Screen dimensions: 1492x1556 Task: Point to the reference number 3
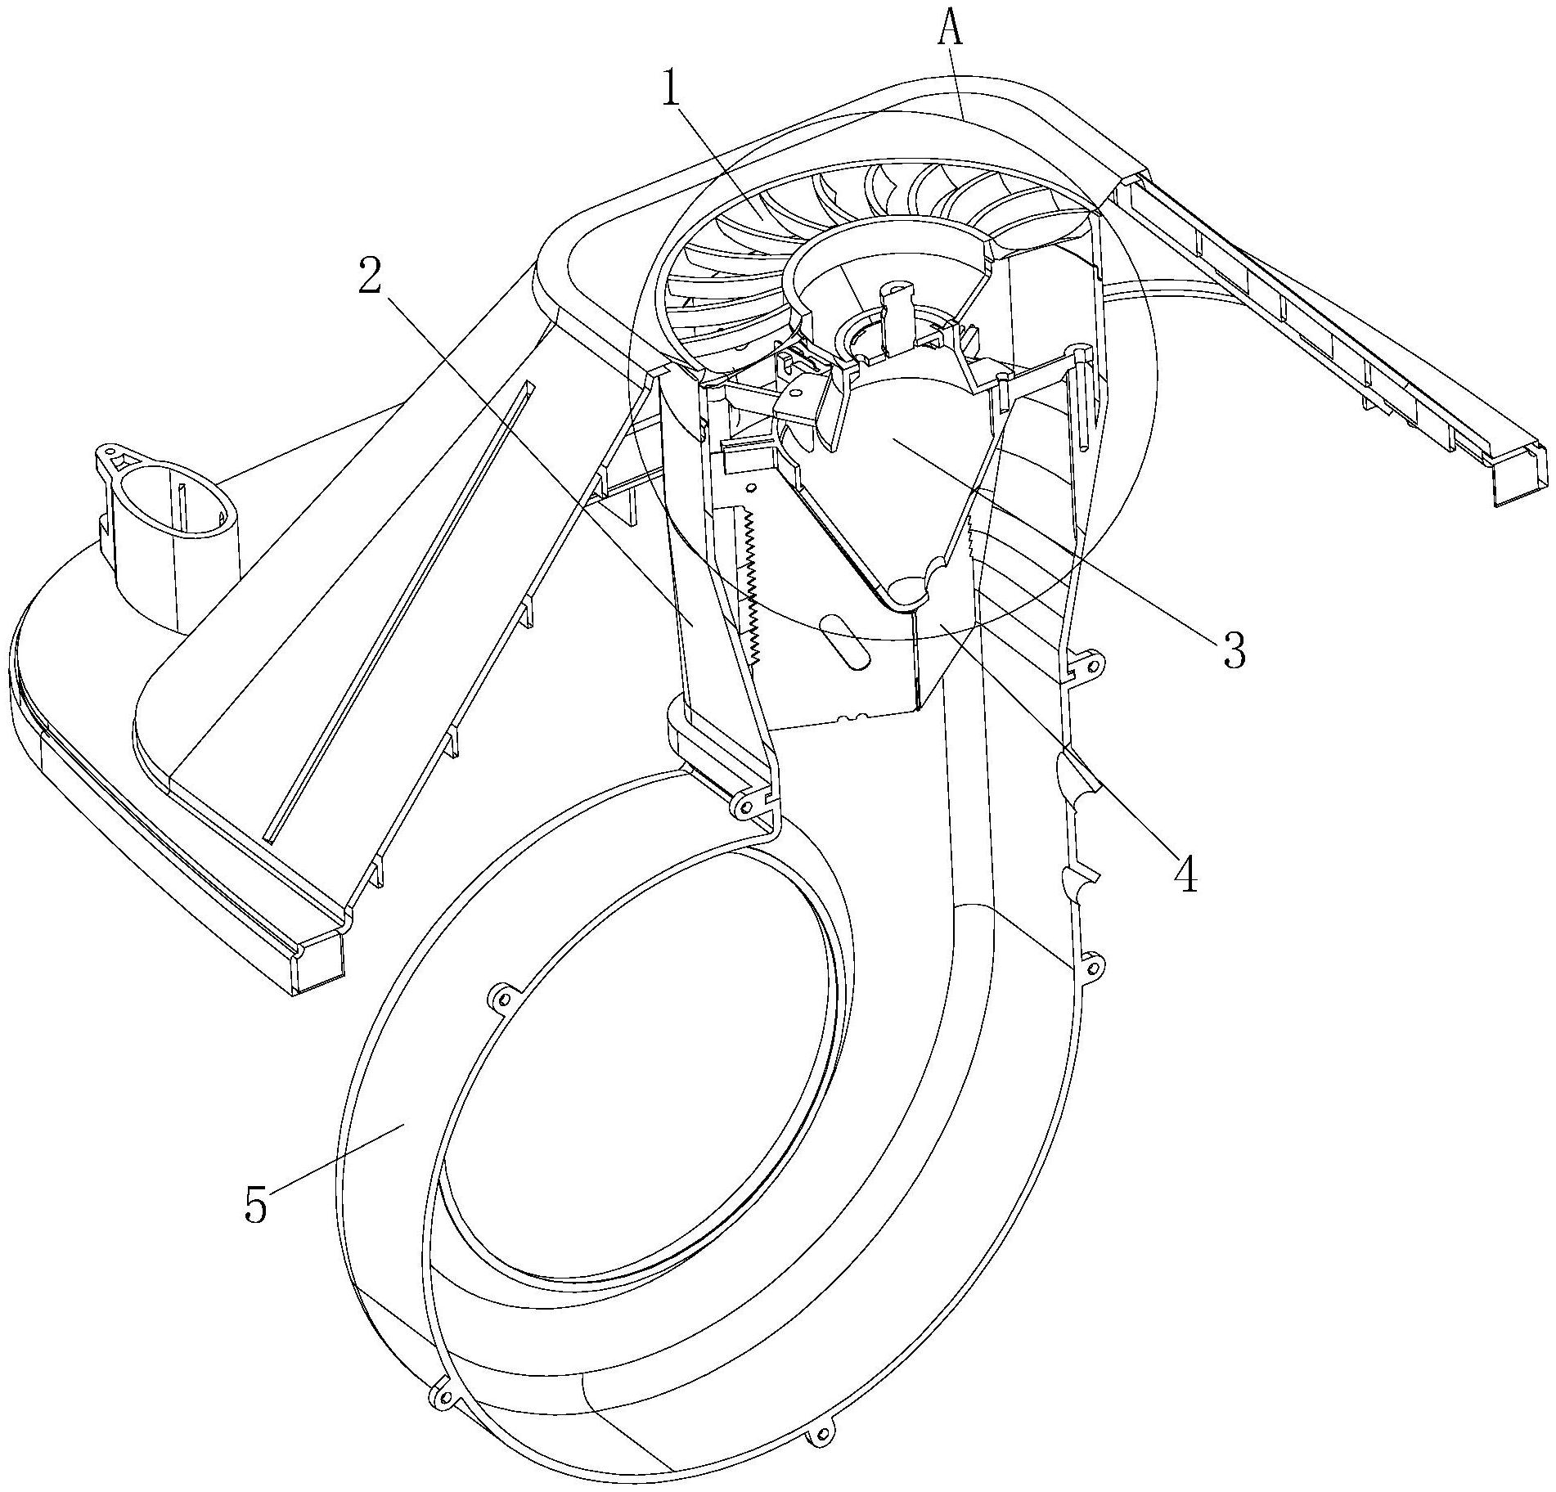pyautogui.click(x=1233, y=650)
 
